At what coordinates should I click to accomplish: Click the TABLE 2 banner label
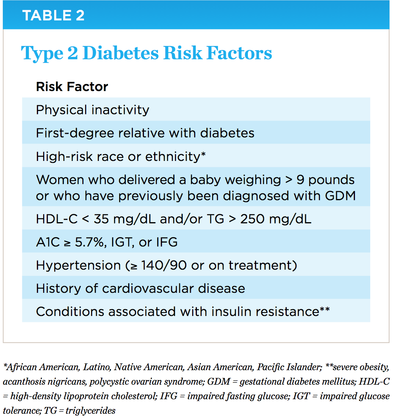coord(53,16)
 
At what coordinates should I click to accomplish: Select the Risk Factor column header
coord(72,87)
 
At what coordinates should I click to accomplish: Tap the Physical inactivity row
coord(93,110)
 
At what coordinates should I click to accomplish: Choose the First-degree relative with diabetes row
coord(145,133)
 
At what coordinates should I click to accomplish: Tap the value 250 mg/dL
coord(277,219)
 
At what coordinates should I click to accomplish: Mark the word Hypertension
coord(78,265)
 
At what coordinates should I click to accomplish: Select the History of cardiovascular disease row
coord(140,289)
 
